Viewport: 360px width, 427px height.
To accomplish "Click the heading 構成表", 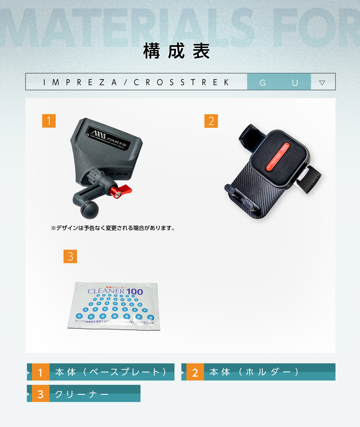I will click(177, 51).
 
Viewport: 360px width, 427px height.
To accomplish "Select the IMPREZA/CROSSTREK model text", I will click(136, 82).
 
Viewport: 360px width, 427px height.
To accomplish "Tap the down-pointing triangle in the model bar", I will click(322, 83).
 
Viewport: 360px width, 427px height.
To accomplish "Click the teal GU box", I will click(279, 82).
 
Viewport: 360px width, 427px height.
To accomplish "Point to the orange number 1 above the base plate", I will click(49, 121).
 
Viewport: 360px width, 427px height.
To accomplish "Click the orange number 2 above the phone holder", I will click(211, 121).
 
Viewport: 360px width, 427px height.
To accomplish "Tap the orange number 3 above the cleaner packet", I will click(70, 256).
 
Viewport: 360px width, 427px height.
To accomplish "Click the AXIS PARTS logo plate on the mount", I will click(108, 137).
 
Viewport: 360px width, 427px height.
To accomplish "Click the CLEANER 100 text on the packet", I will click(115, 292).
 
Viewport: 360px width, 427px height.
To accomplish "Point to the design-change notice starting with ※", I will click(113, 228).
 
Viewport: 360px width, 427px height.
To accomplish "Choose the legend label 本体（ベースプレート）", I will click(111, 372).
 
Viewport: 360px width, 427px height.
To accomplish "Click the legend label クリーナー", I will click(82, 394).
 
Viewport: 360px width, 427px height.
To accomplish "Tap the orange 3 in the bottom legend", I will click(40, 394).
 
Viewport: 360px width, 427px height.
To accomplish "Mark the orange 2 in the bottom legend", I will click(195, 372).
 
